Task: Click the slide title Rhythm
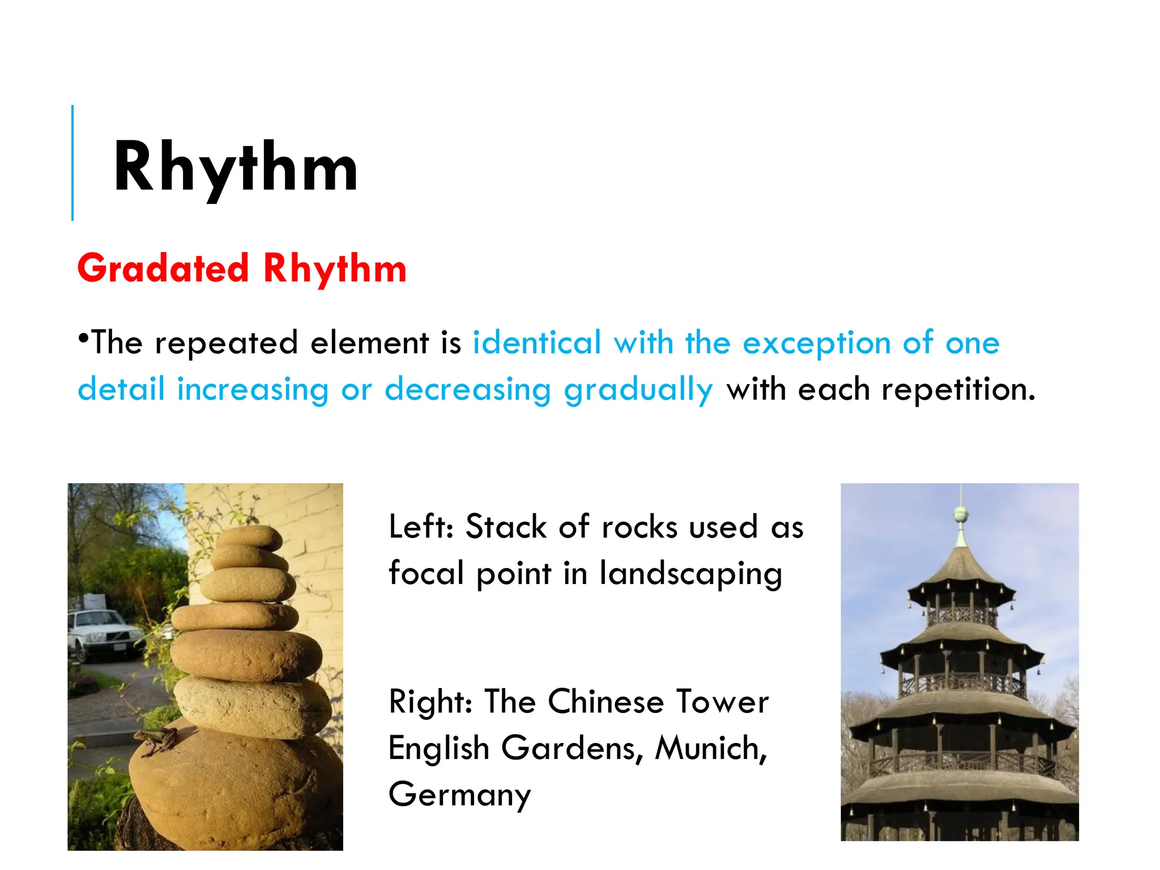[x=235, y=169]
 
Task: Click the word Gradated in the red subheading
[x=163, y=268]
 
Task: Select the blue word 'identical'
[x=536, y=343]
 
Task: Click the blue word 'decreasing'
[x=467, y=390]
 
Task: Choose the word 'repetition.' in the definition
[x=958, y=390]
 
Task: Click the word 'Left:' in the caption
[x=421, y=527]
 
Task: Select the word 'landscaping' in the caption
[x=690, y=574]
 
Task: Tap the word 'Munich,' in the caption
[x=711, y=748]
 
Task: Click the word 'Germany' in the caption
[x=459, y=795]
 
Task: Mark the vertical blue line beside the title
[x=72, y=163]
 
